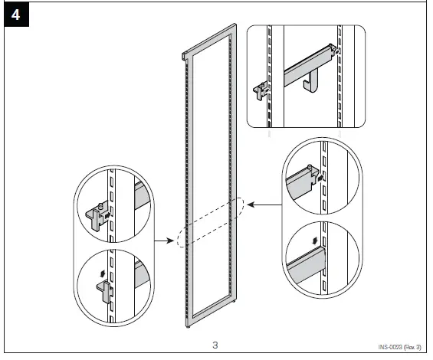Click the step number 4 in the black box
click(16, 15)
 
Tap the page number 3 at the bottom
click(215, 345)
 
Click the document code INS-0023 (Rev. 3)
click(399, 347)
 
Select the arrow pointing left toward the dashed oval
click(264, 205)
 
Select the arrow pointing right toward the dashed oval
click(164, 241)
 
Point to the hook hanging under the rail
click(310, 80)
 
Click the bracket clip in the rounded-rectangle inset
click(261, 90)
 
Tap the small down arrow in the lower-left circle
click(103, 273)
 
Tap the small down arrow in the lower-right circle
click(314, 241)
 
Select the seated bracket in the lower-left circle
click(105, 292)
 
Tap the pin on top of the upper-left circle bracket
click(101, 206)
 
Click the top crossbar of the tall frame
click(209, 41)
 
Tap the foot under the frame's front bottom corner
click(188, 327)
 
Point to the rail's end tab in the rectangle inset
click(333, 48)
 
